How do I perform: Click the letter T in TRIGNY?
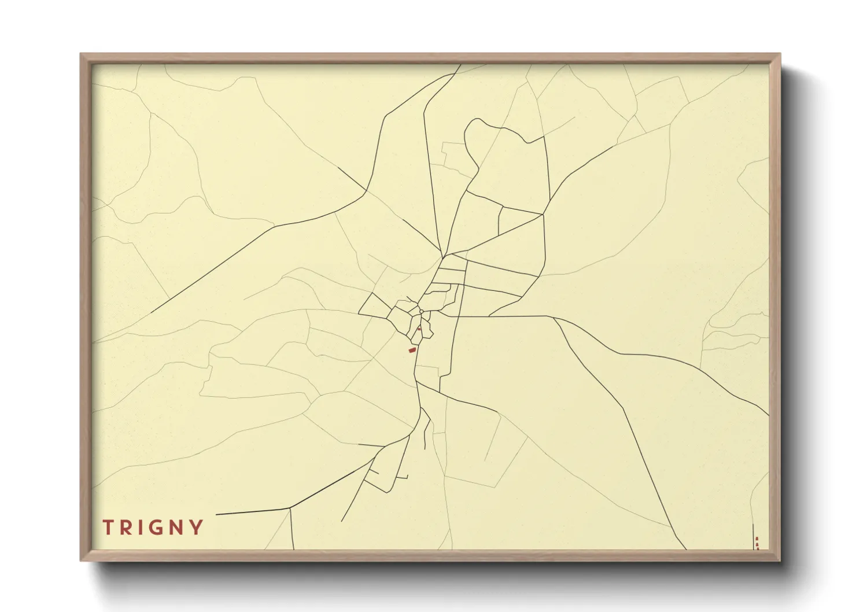(108, 528)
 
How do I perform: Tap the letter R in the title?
(127, 528)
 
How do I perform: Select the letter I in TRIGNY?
(142, 528)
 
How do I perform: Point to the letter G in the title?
(157, 528)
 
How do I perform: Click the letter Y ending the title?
(197, 528)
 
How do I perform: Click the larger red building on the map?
(412, 350)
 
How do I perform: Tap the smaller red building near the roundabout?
(419, 329)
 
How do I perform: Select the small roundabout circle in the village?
(422, 312)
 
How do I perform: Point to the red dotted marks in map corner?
(757, 543)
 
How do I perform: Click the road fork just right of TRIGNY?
(289, 508)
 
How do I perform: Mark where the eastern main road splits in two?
(554, 318)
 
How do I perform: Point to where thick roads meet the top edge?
(460, 65)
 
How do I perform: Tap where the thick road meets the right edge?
(768, 415)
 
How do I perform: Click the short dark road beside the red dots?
(753, 536)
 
